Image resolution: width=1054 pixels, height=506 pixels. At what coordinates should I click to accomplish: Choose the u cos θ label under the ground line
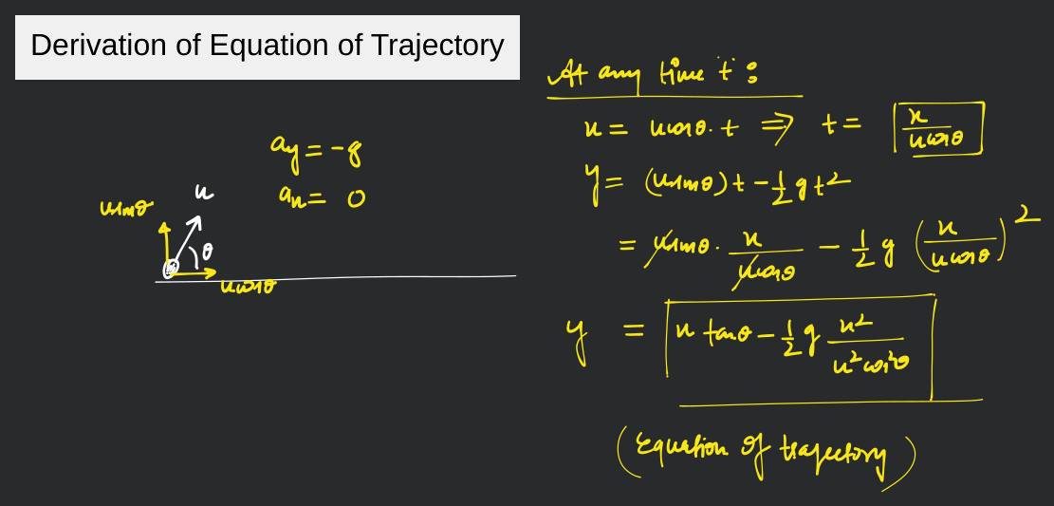click(x=247, y=286)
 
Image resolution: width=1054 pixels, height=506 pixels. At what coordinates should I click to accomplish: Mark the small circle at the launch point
click(x=170, y=270)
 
